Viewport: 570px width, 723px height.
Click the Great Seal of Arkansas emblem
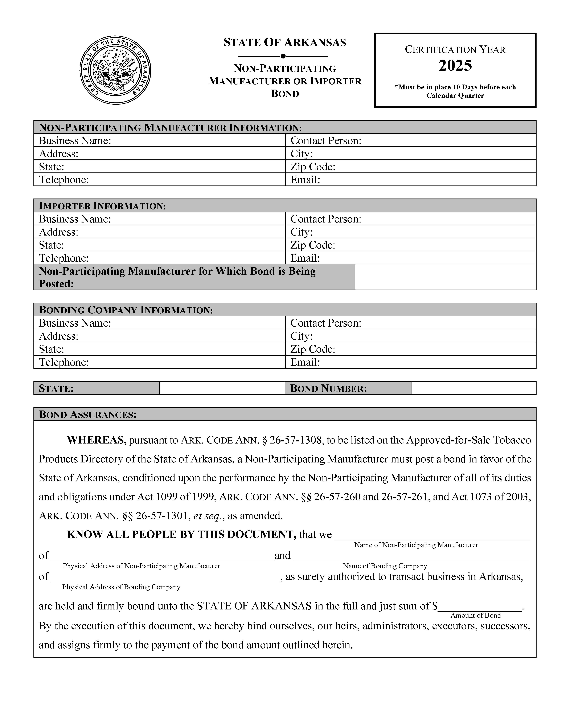click(x=115, y=70)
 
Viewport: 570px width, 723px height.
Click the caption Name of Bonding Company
click(x=385, y=566)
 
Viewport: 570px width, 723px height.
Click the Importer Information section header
click(x=102, y=206)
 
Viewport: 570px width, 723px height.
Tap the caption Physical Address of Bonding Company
click(x=121, y=587)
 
